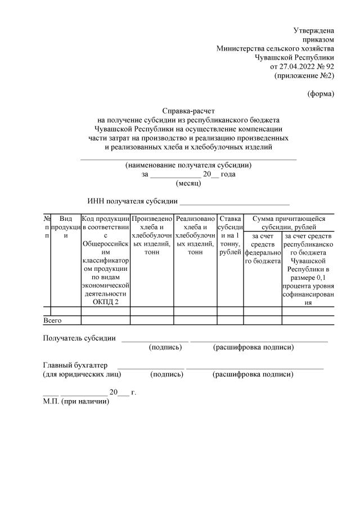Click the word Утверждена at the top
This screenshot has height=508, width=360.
314,30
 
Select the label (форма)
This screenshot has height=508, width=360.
321,93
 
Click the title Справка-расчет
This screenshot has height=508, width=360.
188,111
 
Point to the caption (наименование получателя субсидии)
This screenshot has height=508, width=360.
188,165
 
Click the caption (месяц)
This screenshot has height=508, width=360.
188,183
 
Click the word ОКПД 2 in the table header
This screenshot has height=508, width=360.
106,302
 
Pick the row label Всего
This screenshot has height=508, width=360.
52,320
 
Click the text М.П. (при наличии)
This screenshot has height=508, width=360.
76,401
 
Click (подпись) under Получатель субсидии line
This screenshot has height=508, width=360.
165,347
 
